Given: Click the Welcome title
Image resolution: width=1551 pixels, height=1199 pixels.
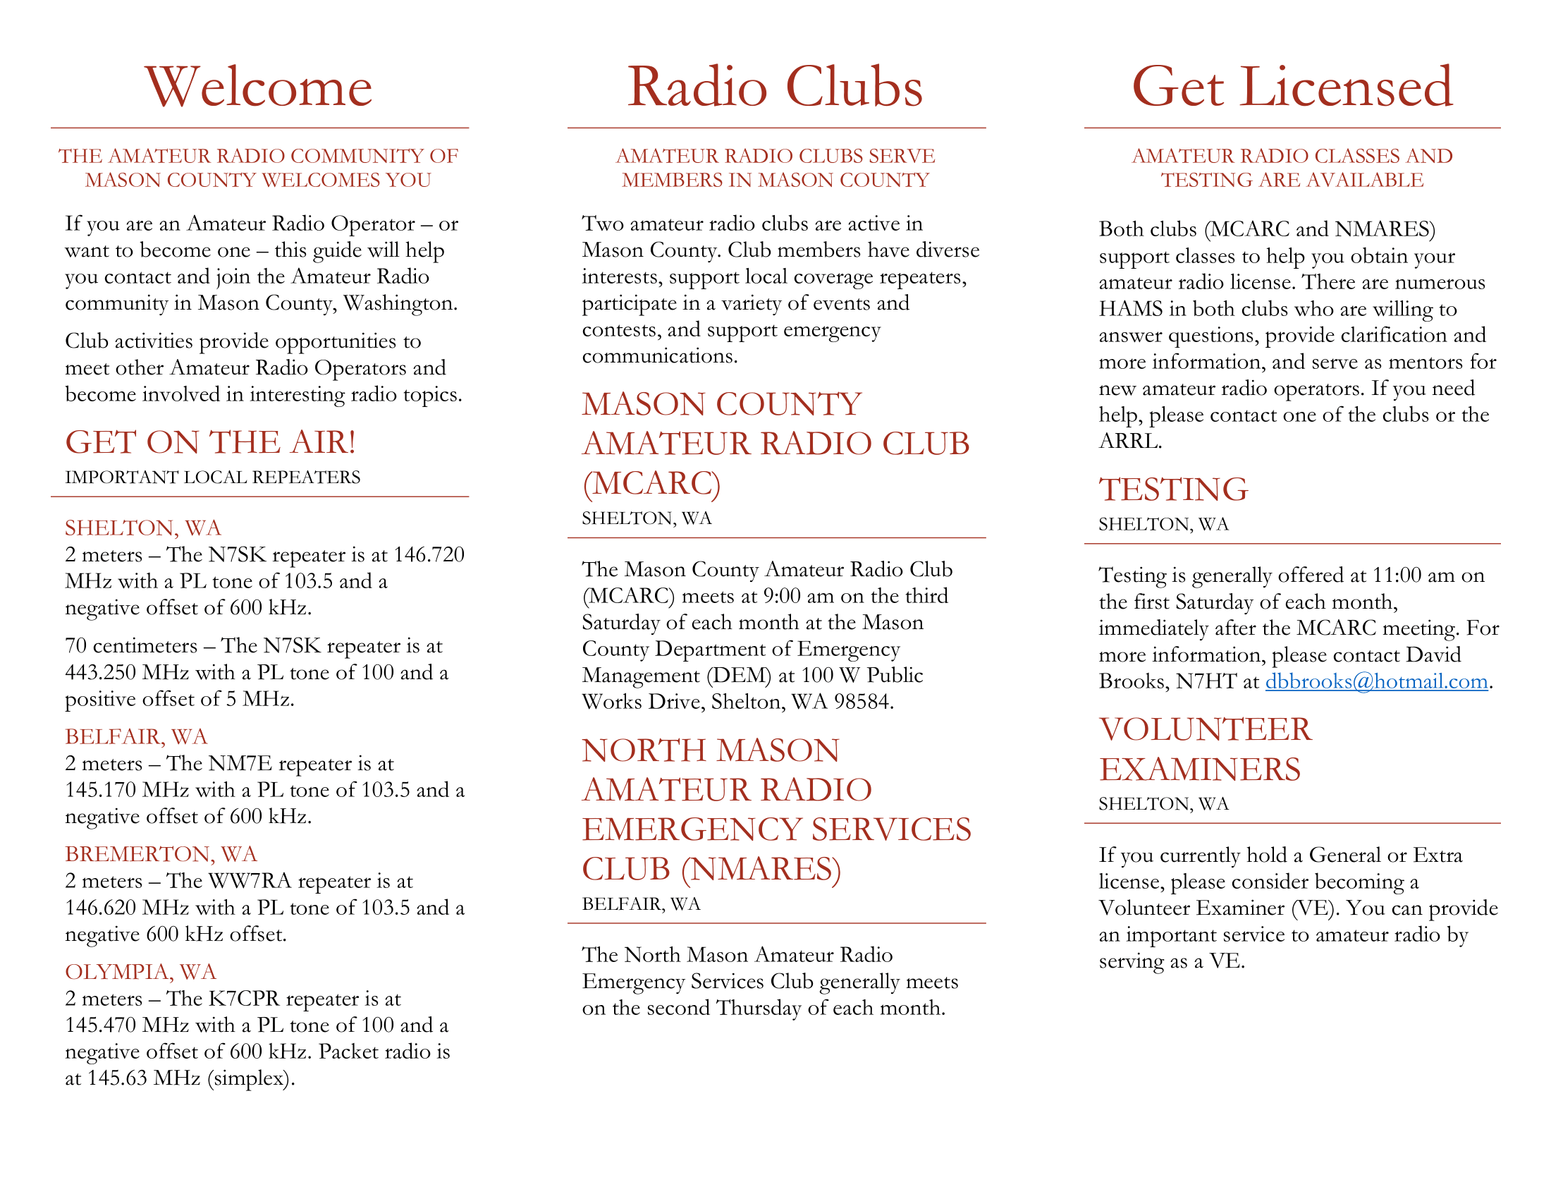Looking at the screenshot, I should (x=259, y=87).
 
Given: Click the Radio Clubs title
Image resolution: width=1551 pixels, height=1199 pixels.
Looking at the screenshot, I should (x=775, y=87).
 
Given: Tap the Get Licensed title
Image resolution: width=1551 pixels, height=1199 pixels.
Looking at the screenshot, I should (x=1292, y=87).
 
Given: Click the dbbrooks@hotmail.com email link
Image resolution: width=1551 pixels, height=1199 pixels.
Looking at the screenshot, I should (x=1375, y=681).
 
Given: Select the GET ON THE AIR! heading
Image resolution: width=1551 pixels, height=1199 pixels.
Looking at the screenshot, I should (x=210, y=442).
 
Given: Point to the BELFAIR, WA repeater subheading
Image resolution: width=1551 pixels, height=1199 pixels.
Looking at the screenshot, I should (x=136, y=736).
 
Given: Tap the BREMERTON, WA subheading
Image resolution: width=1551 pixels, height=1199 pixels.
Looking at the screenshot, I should (x=161, y=854).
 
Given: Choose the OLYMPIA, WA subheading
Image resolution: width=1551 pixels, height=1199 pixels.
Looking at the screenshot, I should (x=140, y=972).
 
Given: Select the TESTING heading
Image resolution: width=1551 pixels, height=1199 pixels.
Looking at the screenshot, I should (x=1173, y=489).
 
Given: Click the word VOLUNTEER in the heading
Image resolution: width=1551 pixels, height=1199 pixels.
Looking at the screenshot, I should (x=1205, y=730).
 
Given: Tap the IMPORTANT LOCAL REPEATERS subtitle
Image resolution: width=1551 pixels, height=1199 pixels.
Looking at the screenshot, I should (x=212, y=477).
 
